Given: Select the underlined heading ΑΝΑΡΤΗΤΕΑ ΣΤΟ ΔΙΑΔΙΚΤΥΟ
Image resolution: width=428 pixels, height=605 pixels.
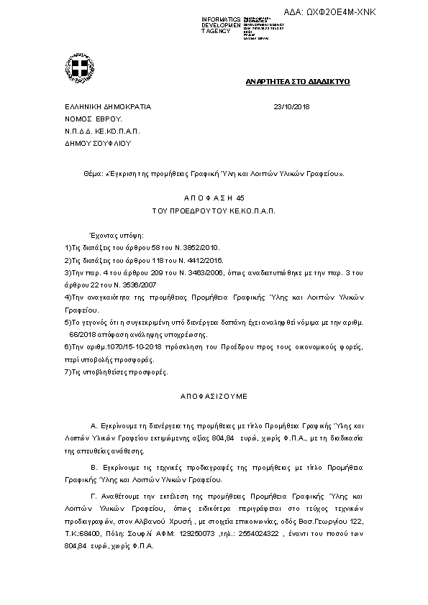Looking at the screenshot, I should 297,83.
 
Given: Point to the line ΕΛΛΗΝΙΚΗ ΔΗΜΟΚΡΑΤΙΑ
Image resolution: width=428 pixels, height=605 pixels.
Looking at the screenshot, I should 108,106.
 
